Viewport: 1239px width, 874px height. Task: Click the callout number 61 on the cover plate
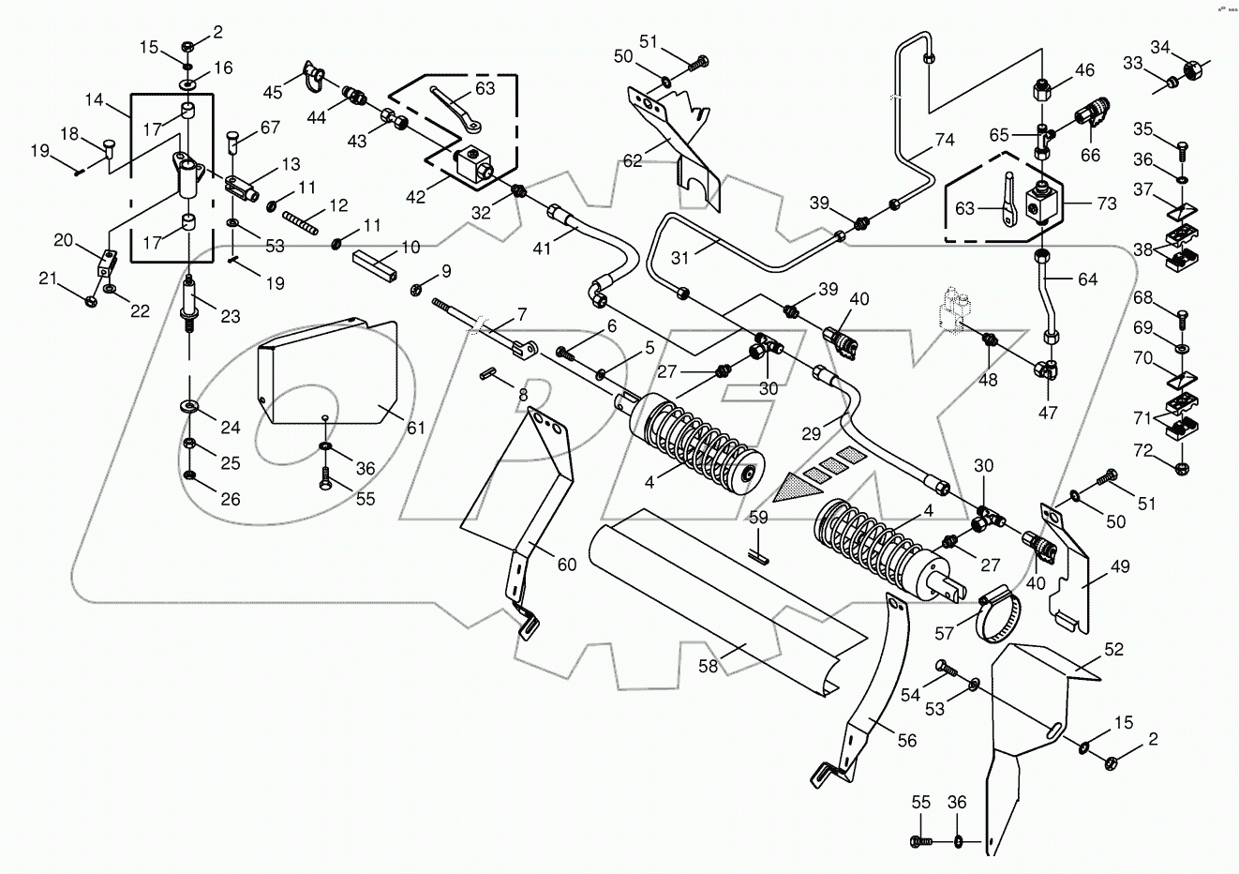click(415, 428)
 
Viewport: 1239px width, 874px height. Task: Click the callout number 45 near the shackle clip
click(273, 92)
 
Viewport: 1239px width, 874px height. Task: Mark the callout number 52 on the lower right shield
click(1112, 649)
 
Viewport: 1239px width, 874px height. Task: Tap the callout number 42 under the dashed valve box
click(414, 198)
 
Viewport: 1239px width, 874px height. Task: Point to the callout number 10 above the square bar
click(411, 247)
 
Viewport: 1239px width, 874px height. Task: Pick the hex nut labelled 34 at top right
click(1192, 68)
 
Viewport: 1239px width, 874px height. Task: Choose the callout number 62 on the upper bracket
click(633, 160)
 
